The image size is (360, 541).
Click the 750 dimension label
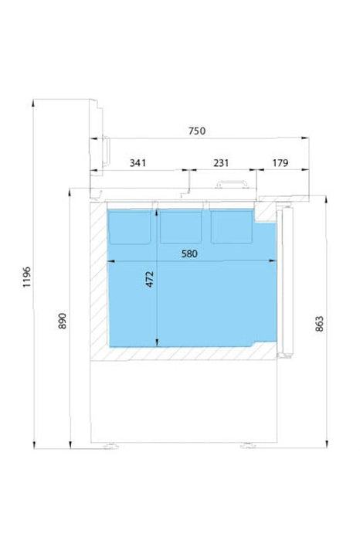(x=197, y=131)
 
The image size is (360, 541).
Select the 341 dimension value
(x=138, y=163)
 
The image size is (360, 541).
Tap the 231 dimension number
(x=221, y=163)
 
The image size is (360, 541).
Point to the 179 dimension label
(x=280, y=163)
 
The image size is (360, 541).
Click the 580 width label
(x=189, y=254)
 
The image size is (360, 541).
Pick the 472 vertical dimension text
(x=150, y=279)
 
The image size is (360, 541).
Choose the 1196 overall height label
(x=27, y=277)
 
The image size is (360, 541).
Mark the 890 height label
(x=62, y=321)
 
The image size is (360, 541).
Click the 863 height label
(x=320, y=324)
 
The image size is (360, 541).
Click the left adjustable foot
(x=111, y=446)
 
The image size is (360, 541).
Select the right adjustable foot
(x=248, y=445)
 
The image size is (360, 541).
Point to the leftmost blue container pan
(x=130, y=227)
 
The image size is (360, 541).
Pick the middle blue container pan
(x=181, y=227)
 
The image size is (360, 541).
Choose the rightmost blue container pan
(x=232, y=227)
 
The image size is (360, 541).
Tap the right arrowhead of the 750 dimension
(x=305, y=138)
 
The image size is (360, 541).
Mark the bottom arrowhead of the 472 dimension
(x=158, y=342)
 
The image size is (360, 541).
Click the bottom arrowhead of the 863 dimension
(x=327, y=444)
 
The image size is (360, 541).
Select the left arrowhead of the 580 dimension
(x=111, y=261)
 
